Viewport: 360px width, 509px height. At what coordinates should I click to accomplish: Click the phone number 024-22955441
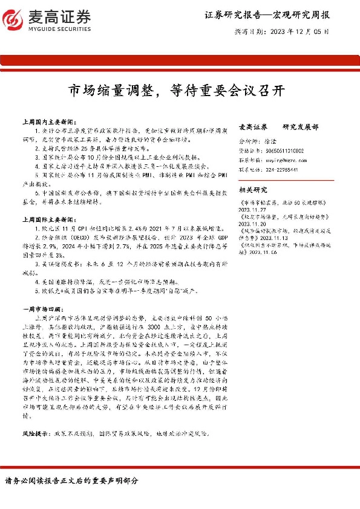coord(280,170)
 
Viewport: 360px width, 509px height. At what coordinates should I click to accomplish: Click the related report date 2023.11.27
coord(252,208)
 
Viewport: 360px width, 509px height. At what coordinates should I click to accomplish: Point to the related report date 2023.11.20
coord(252,222)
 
